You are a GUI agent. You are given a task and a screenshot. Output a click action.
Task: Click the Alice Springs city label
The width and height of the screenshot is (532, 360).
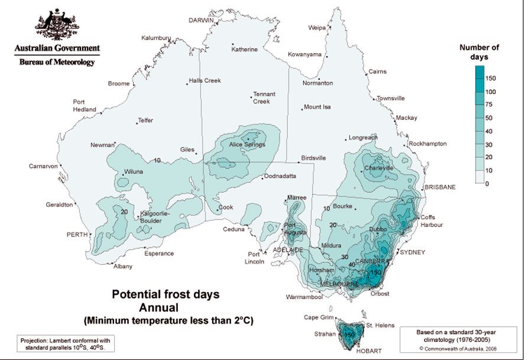point(247,145)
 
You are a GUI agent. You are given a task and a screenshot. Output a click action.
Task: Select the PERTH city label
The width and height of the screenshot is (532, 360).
point(79,235)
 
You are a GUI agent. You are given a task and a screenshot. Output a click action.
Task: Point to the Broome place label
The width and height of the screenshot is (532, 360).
point(118,84)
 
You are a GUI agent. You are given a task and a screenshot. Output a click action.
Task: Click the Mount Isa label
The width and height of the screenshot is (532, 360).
point(317,107)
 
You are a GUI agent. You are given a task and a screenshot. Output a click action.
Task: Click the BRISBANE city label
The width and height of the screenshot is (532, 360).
point(439,187)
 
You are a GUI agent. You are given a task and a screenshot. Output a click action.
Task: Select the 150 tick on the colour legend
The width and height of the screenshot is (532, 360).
point(491,78)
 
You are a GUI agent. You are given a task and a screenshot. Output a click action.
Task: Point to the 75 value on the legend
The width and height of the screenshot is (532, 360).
point(489,105)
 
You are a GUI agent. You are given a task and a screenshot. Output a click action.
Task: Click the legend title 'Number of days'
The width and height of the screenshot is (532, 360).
point(479,52)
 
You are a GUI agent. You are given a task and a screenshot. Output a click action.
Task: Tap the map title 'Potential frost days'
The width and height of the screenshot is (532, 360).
point(166,293)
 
